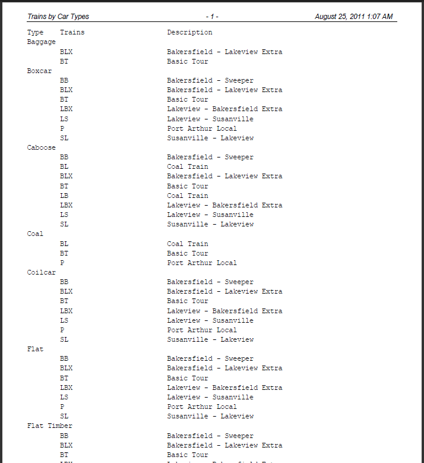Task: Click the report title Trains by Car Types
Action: click(x=58, y=17)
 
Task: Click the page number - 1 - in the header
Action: click(x=212, y=17)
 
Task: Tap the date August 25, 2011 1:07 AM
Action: click(x=353, y=17)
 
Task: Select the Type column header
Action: click(x=36, y=32)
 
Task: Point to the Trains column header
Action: click(x=72, y=32)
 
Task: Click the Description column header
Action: click(x=189, y=32)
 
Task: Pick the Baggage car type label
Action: click(x=42, y=42)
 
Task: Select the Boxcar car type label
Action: click(x=40, y=71)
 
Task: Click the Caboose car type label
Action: click(x=42, y=147)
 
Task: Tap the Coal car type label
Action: click(x=36, y=234)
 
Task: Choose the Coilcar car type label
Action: click(x=42, y=272)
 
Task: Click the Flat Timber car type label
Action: click(x=50, y=426)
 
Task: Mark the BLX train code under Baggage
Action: click(x=66, y=52)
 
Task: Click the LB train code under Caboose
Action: click(x=64, y=196)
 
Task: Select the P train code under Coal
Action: click(x=62, y=263)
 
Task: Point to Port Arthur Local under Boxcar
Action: click(x=202, y=128)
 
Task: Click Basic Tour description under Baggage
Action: click(x=188, y=61)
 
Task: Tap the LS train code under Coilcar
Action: click(x=64, y=320)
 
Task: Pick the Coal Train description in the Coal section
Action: click(x=188, y=244)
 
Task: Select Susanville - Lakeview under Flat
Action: click(x=210, y=416)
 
